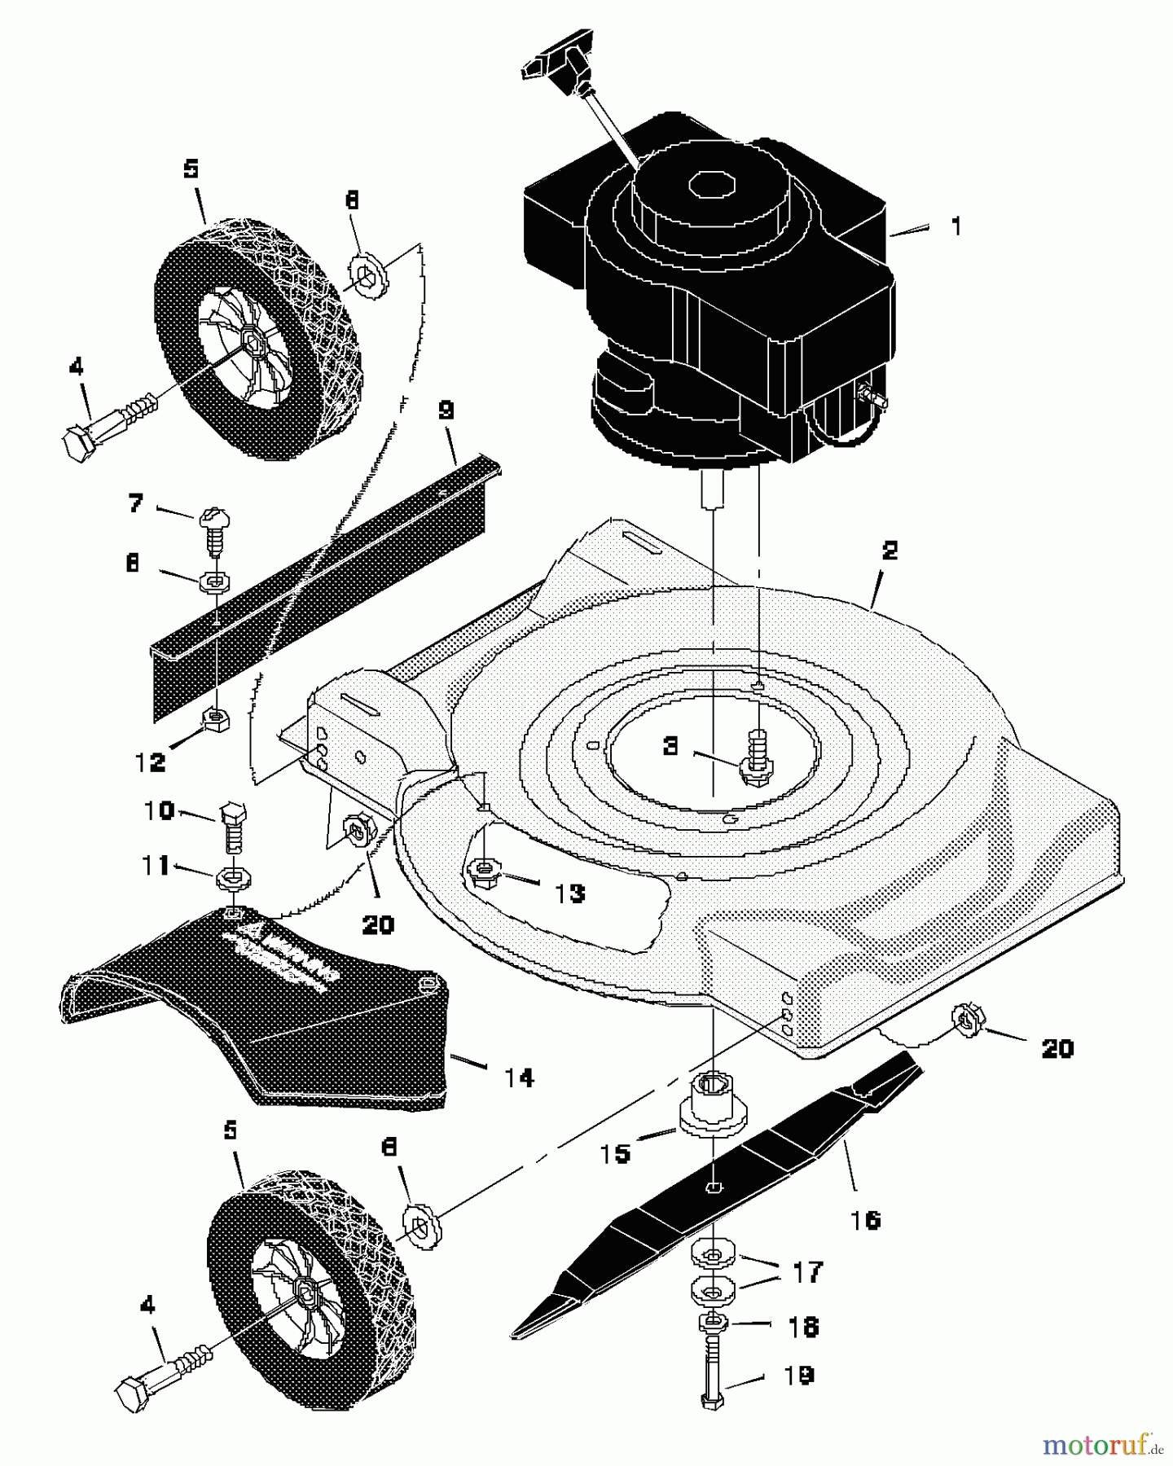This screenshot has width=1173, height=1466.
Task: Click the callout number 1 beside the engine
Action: (x=956, y=226)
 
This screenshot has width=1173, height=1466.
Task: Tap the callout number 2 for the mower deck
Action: (x=890, y=551)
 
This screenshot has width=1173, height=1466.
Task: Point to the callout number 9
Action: (x=446, y=410)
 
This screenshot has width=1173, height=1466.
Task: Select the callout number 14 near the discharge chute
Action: (x=519, y=1078)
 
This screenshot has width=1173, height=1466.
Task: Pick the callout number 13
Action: (x=570, y=893)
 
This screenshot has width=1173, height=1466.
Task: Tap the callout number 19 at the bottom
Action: (x=798, y=1376)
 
